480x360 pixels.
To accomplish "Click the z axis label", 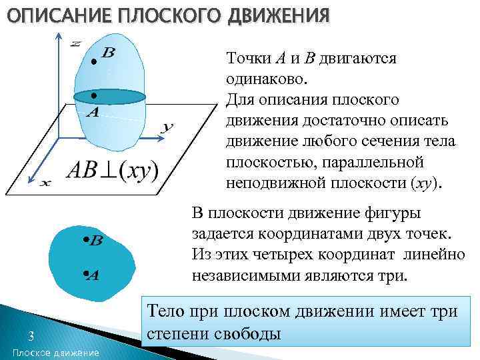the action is [75, 43].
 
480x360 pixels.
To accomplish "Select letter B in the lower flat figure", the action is [95, 241].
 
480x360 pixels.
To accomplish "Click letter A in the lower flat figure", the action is [93, 275].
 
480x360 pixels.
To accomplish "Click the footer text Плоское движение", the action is [55, 352].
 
